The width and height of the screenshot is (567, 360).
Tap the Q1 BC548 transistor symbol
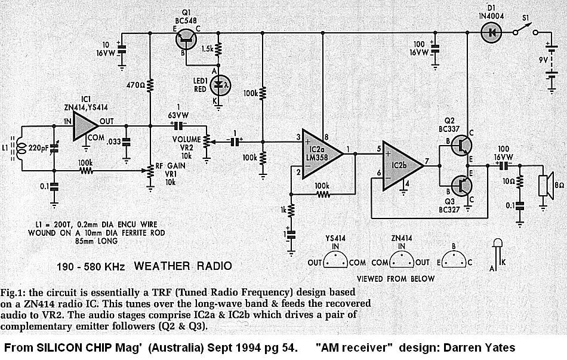186,39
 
